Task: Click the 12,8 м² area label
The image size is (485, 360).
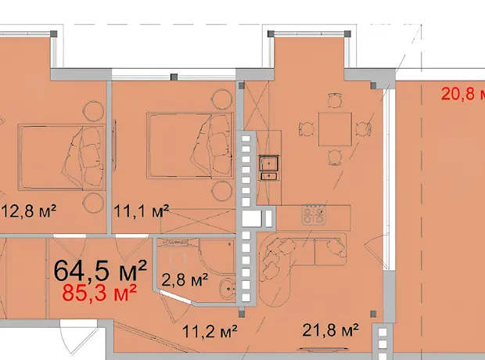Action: coord(29,211)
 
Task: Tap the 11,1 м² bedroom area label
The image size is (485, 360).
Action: coord(142,211)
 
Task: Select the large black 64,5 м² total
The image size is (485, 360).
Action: coord(100,271)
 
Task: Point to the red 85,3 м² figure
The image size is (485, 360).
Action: coord(99,293)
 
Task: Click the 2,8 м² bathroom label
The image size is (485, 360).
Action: coord(185,280)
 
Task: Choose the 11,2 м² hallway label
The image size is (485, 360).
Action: coord(210,332)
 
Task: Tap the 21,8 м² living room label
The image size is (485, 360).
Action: coord(330,330)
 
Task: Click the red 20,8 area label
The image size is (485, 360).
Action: coord(463,93)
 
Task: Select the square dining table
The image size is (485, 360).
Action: coord(336,129)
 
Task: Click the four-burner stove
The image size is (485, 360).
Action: coord(314,214)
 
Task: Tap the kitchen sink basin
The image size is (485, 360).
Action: coord(269,163)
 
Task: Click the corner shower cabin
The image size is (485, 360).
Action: coord(217,256)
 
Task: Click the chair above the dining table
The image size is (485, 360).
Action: coord(336,100)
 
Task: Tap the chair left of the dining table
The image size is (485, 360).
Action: coord(306,129)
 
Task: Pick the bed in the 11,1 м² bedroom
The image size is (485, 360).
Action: coord(190,146)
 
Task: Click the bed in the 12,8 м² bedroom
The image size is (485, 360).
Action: coord(61,157)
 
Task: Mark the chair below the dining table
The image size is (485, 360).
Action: coord(335,157)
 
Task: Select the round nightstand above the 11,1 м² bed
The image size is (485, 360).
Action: coord(222,99)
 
